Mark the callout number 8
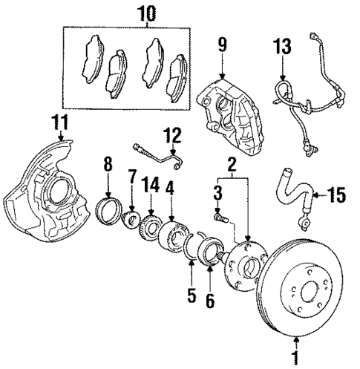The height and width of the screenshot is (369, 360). coord(108,164)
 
